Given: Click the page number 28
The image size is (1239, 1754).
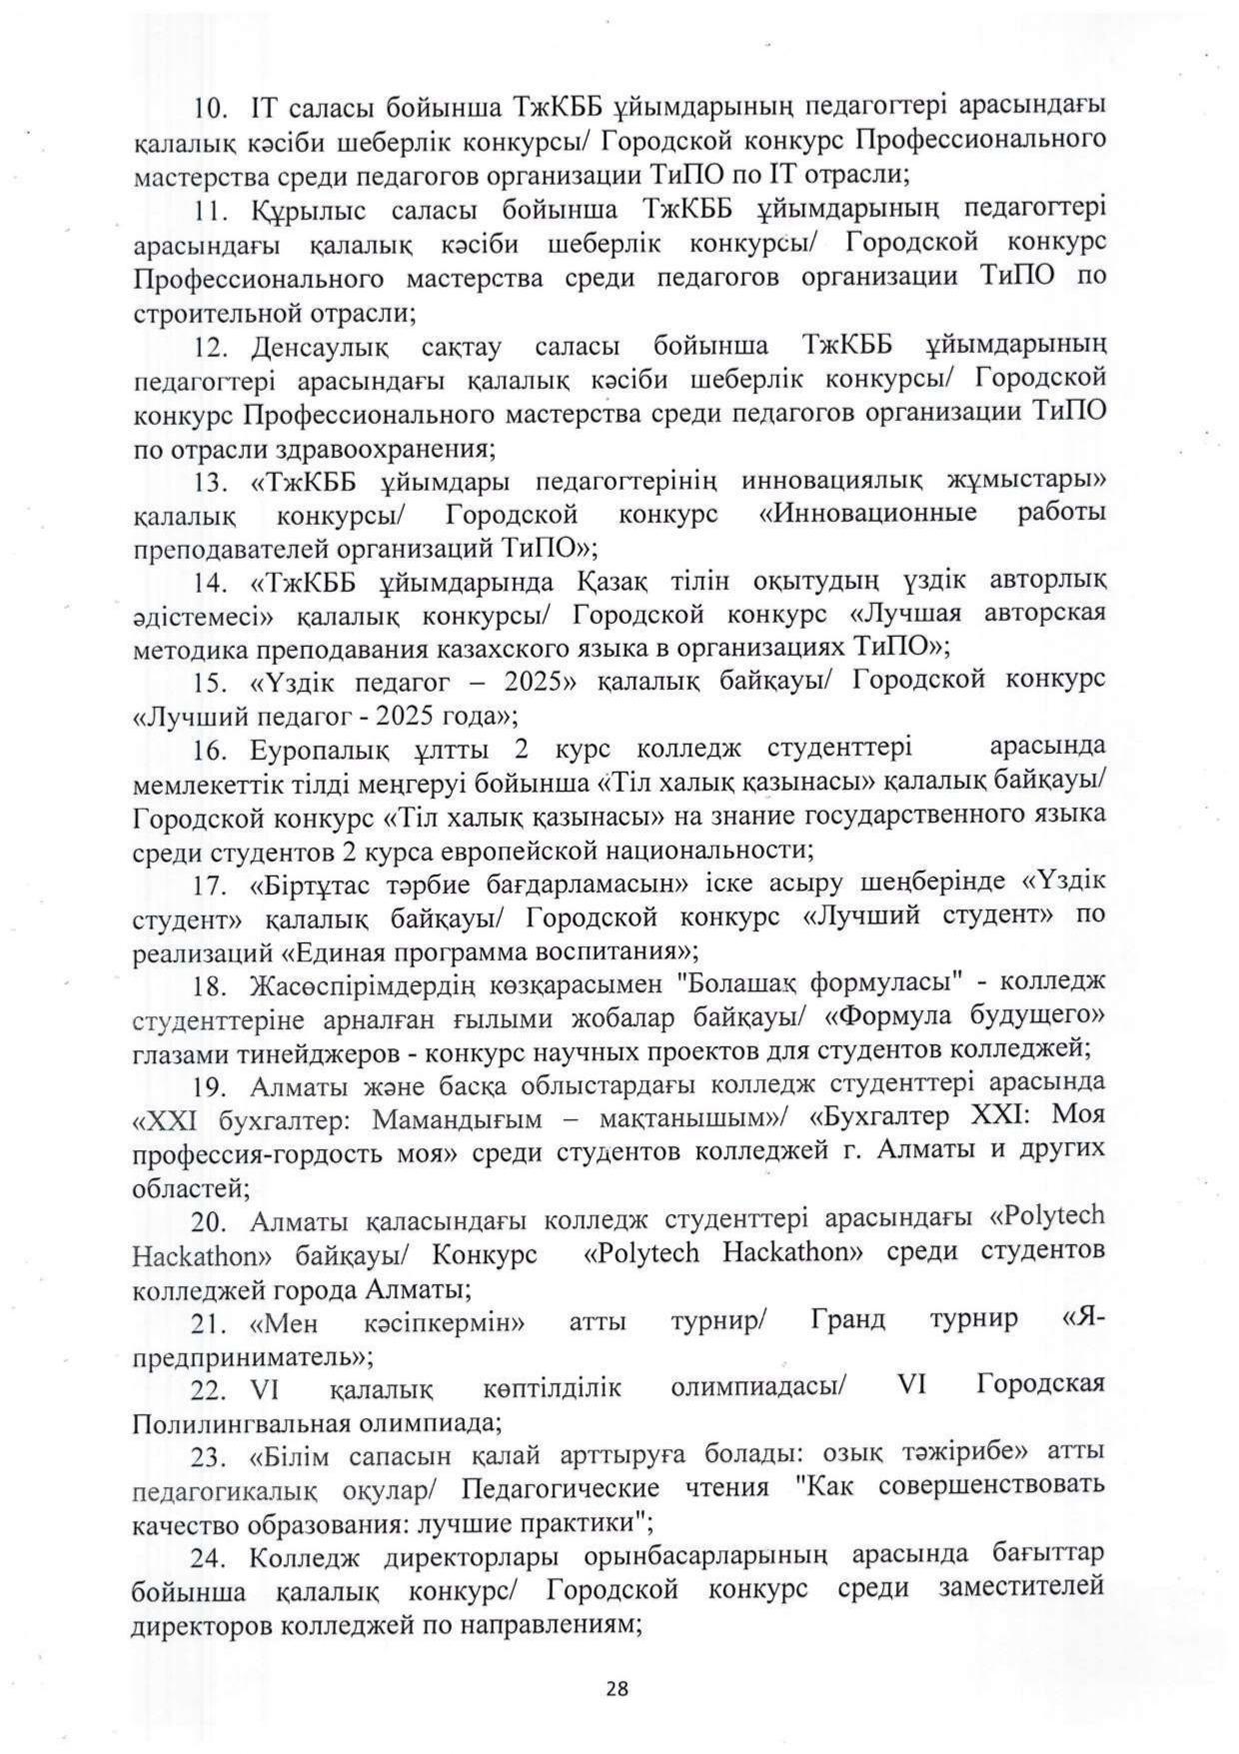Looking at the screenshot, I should (618, 1688).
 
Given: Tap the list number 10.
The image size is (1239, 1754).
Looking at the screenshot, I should (212, 106).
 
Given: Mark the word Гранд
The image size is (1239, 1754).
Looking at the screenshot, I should (849, 1319).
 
